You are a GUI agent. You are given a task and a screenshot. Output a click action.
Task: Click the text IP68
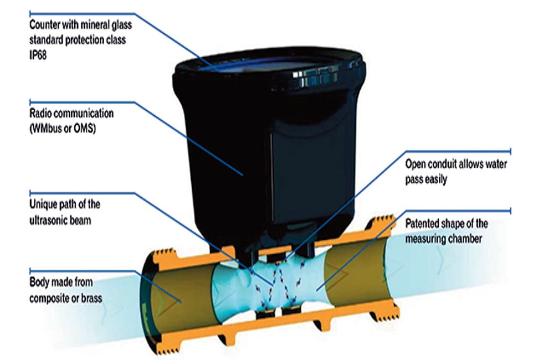pos(38,55)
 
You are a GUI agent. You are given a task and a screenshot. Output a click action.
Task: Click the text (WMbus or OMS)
pos(63,128)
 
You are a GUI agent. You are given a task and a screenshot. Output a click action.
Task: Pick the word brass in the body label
pos(91,299)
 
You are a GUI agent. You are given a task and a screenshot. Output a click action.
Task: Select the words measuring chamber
pos(443,239)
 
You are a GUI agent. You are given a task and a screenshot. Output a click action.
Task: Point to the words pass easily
pos(426,179)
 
